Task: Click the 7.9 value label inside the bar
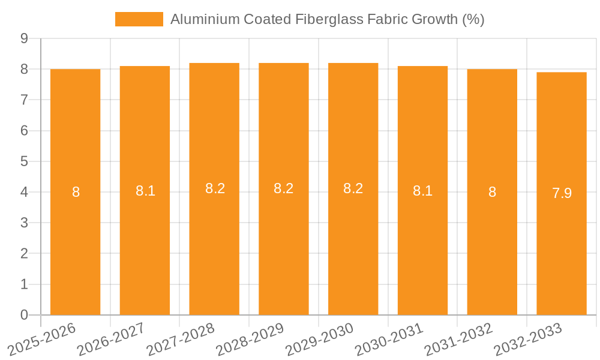[x=562, y=193]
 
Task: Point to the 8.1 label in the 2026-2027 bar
[x=145, y=191]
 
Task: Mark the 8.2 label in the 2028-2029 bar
[x=283, y=188]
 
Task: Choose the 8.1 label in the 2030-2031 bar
[x=422, y=191]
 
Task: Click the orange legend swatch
[x=139, y=19]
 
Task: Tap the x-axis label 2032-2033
[x=528, y=339]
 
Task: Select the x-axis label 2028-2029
[x=250, y=339]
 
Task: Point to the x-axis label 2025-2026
[x=41, y=339]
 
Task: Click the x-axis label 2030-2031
[x=389, y=339]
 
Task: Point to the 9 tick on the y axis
[x=24, y=38]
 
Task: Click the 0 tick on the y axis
[x=24, y=315]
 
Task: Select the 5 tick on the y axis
[x=24, y=161]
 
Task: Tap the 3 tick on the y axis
[x=24, y=223]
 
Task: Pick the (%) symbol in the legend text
[x=473, y=19]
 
